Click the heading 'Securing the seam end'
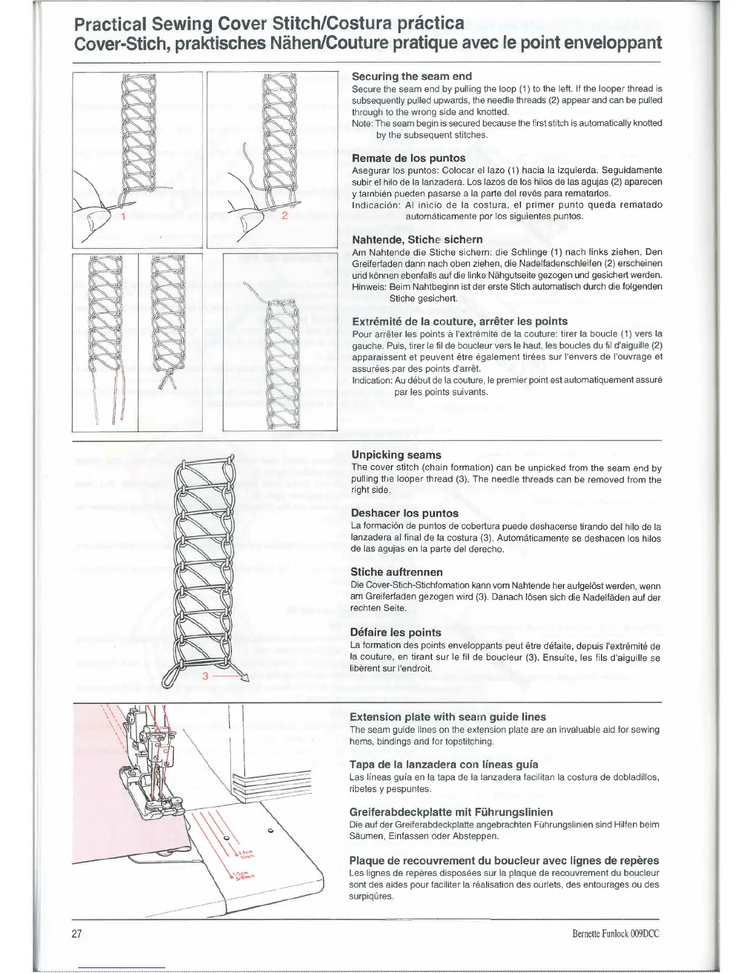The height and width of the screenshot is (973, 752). click(x=412, y=77)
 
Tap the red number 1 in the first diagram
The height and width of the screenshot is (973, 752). click(x=123, y=216)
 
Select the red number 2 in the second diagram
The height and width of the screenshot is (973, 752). click(x=284, y=216)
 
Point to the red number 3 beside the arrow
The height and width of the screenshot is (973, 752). click(x=206, y=676)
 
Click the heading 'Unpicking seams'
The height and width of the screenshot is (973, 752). click(x=396, y=455)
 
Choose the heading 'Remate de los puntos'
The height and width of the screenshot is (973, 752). click(x=409, y=158)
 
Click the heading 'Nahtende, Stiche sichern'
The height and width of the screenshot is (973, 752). click(x=417, y=240)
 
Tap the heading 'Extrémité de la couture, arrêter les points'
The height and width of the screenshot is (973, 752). click(x=460, y=321)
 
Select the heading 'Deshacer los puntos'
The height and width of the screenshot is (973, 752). click(x=405, y=514)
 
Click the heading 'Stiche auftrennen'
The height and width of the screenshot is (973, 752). click(x=396, y=572)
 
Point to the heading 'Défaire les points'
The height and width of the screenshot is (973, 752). click(x=396, y=633)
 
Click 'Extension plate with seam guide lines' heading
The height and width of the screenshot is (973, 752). click(x=447, y=717)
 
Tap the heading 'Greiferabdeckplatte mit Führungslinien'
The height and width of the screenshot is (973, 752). click(x=451, y=812)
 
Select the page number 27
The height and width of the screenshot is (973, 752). click(x=77, y=934)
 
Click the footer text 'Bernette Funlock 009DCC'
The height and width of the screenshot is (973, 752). click(x=615, y=934)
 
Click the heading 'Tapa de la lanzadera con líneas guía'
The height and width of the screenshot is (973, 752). click(x=444, y=765)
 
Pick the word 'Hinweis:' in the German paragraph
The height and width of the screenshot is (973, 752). click(x=369, y=287)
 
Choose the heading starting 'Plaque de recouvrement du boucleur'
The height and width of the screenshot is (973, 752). click(x=504, y=861)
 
